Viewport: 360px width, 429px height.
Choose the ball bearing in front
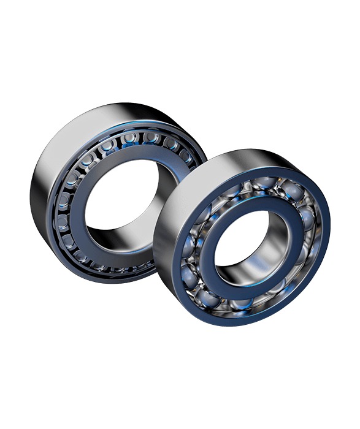tap(245, 245)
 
